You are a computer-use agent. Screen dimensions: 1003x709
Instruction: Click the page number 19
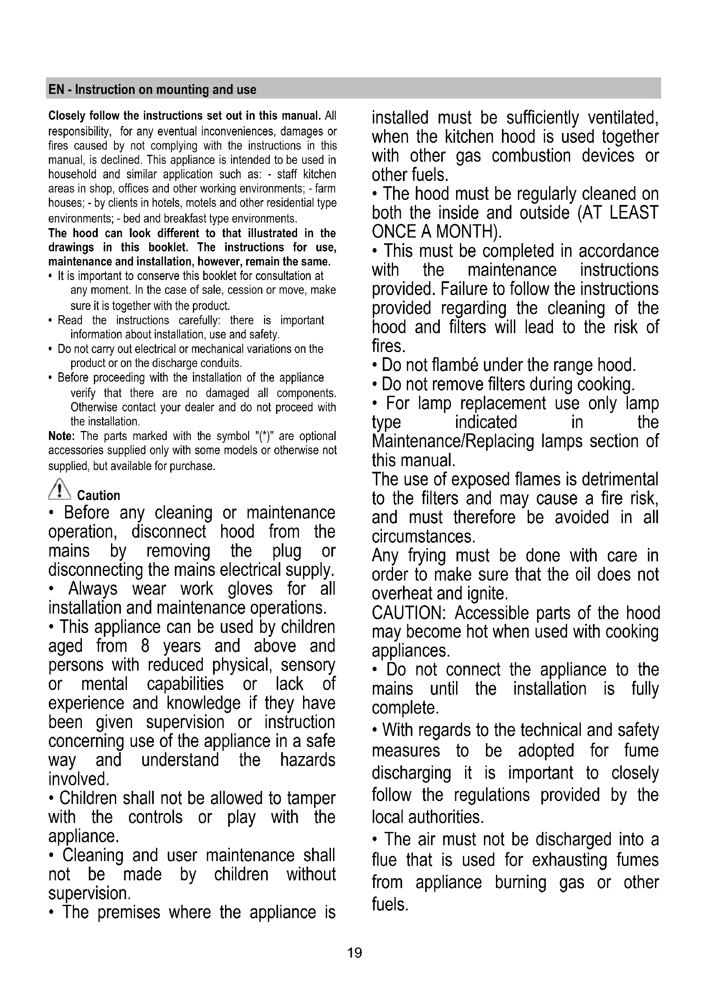click(x=354, y=952)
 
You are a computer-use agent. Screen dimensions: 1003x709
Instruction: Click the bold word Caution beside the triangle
click(x=98, y=495)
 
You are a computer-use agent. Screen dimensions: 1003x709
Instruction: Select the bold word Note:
click(x=62, y=436)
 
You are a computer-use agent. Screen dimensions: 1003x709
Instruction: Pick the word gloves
click(x=250, y=589)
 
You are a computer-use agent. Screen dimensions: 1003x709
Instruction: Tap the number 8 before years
click(x=145, y=646)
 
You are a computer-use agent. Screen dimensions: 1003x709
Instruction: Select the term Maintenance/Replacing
click(x=452, y=441)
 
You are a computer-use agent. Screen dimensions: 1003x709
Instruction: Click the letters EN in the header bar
click(x=56, y=90)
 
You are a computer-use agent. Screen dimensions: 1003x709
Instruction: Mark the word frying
click(x=427, y=556)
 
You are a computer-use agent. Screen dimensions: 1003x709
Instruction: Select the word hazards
click(x=307, y=760)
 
